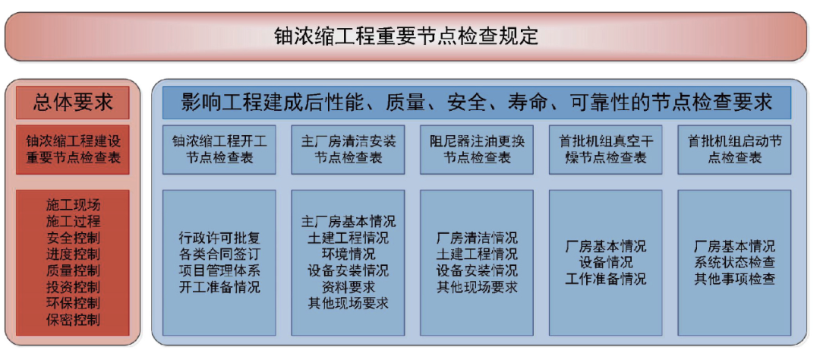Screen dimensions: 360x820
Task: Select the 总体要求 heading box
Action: (x=73, y=103)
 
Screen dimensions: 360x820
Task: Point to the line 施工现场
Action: (x=73, y=205)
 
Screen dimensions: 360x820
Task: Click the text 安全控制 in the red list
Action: (x=73, y=238)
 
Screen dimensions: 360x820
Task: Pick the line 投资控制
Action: (x=73, y=287)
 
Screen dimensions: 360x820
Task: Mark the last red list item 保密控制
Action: (x=73, y=320)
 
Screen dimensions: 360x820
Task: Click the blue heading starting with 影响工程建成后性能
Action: (x=477, y=103)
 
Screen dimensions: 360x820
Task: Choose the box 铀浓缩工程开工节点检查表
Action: (x=219, y=150)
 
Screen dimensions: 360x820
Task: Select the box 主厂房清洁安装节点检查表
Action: (x=348, y=150)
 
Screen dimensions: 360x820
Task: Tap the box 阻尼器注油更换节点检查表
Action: (x=477, y=150)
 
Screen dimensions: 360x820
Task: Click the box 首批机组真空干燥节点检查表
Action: (x=605, y=150)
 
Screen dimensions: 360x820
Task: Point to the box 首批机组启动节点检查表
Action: (x=734, y=150)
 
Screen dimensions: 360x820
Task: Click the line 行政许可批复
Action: (x=219, y=238)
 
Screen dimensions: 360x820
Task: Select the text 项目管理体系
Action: (x=219, y=271)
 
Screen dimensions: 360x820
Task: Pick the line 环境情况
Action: (x=348, y=254)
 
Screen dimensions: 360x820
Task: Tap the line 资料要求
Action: (x=348, y=287)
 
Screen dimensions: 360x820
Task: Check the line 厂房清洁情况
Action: (x=477, y=238)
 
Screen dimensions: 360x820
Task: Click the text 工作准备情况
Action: (x=605, y=279)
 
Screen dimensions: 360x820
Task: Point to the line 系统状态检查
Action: (x=734, y=263)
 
